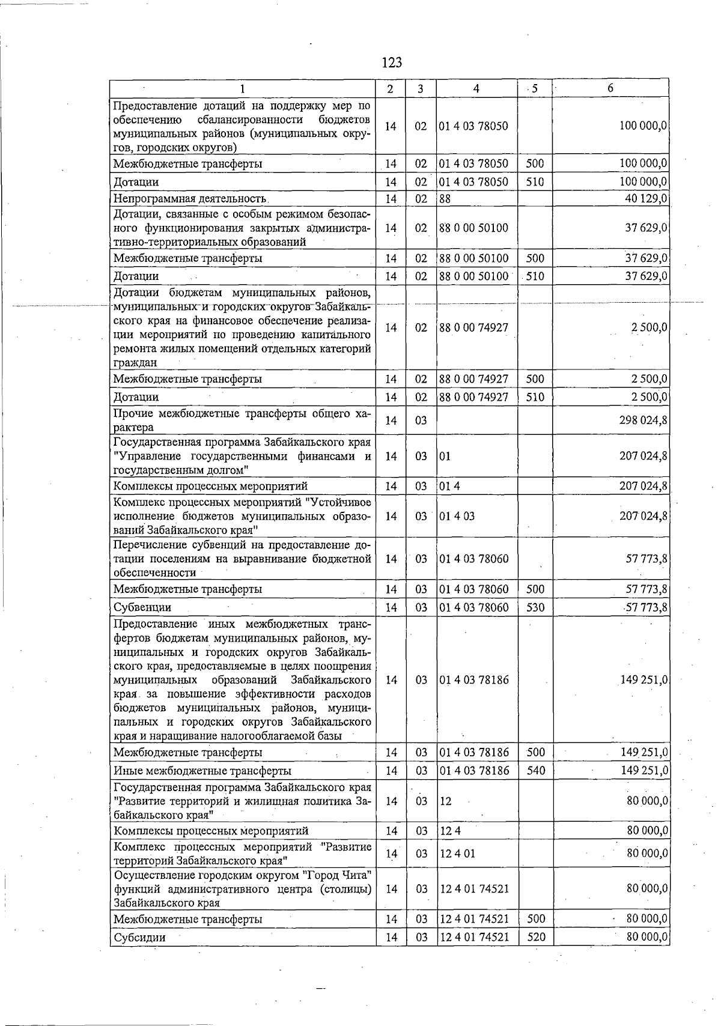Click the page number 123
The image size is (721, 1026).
(391, 62)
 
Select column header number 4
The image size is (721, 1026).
(476, 88)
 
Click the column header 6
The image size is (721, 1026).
(610, 88)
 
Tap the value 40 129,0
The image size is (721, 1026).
(646, 199)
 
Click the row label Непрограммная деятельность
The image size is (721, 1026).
(190, 199)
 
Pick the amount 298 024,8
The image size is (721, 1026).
(643, 420)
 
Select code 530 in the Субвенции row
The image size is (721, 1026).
(535, 607)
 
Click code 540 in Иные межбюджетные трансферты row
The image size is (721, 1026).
(535, 770)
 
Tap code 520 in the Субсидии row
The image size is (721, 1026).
(535, 937)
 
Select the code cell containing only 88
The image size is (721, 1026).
(445, 199)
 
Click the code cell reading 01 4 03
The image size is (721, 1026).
(457, 516)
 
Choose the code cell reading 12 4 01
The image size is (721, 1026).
(457, 854)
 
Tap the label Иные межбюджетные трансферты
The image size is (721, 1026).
(202, 770)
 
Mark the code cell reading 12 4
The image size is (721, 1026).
(450, 831)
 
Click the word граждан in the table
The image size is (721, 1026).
(135, 363)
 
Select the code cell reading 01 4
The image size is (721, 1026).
(449, 485)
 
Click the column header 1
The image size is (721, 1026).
(242, 89)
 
